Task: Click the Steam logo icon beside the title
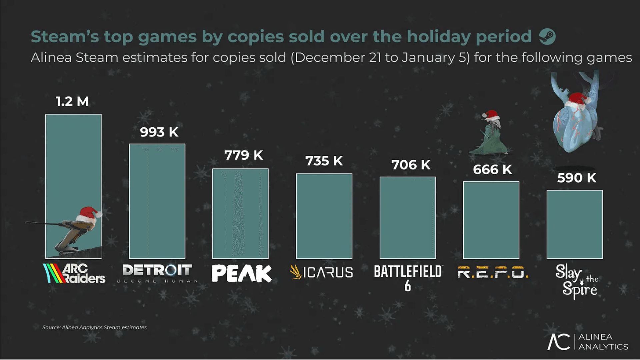(x=547, y=37)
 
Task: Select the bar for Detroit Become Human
(x=157, y=201)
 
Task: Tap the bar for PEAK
(x=240, y=214)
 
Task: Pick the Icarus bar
(x=324, y=216)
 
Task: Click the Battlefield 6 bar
(x=408, y=218)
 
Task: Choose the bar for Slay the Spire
(x=575, y=224)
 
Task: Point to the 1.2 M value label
(x=72, y=102)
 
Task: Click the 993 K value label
(x=159, y=132)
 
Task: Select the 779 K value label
(x=243, y=155)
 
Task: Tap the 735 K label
(x=324, y=161)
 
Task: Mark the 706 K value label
(x=411, y=165)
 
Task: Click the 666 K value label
(x=492, y=170)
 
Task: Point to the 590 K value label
(x=577, y=178)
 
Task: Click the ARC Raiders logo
(x=74, y=274)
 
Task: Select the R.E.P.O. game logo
(x=493, y=272)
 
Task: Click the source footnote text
(x=94, y=327)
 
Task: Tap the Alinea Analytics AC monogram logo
(x=559, y=342)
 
